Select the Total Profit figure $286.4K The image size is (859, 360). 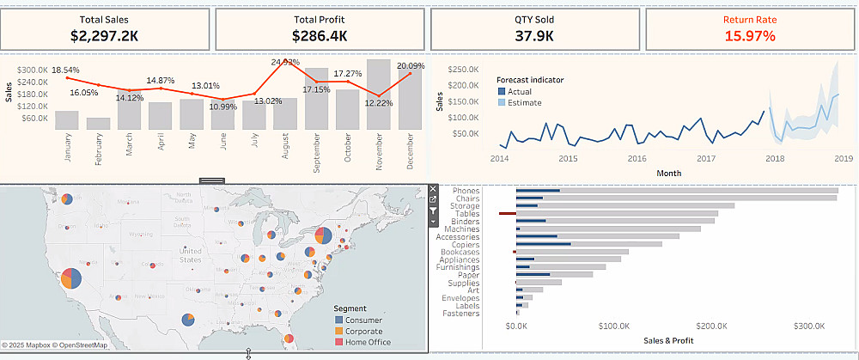320,35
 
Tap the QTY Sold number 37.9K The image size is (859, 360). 534,35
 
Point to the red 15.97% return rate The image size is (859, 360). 749,35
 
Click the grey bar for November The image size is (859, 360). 379,95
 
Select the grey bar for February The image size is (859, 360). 98,123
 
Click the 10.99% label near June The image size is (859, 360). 222,106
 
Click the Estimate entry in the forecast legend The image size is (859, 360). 525,103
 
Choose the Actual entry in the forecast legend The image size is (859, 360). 519,91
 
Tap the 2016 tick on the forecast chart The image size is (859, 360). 637,158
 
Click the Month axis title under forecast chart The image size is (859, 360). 668,173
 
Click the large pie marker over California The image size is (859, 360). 71,278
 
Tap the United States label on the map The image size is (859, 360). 191,255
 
